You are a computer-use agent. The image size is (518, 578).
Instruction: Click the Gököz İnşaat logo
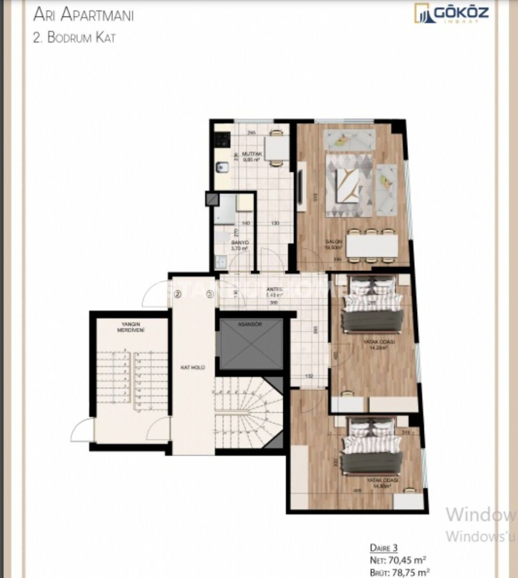click(451, 14)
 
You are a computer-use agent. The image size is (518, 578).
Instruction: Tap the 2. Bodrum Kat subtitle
click(74, 37)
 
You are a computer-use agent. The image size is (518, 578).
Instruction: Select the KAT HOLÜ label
click(193, 368)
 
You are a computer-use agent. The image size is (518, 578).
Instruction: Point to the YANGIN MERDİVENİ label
click(128, 327)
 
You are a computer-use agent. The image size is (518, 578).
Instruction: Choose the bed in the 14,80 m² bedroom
click(371, 447)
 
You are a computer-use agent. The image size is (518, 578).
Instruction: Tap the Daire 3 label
click(384, 548)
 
